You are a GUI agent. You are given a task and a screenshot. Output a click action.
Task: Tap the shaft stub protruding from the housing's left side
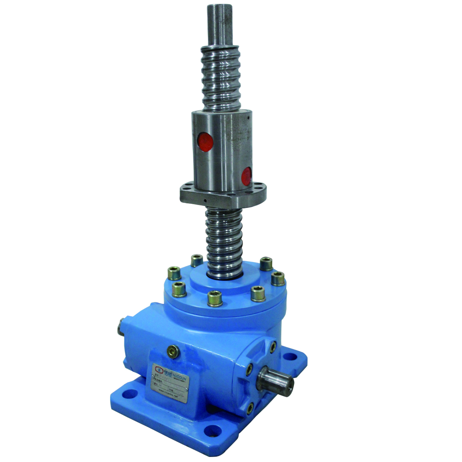(120, 325)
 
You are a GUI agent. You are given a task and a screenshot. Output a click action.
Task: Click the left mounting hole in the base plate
(131, 393)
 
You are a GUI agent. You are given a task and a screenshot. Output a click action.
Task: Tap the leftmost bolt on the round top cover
(174, 274)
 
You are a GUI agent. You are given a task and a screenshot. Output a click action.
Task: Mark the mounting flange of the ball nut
(223, 195)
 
